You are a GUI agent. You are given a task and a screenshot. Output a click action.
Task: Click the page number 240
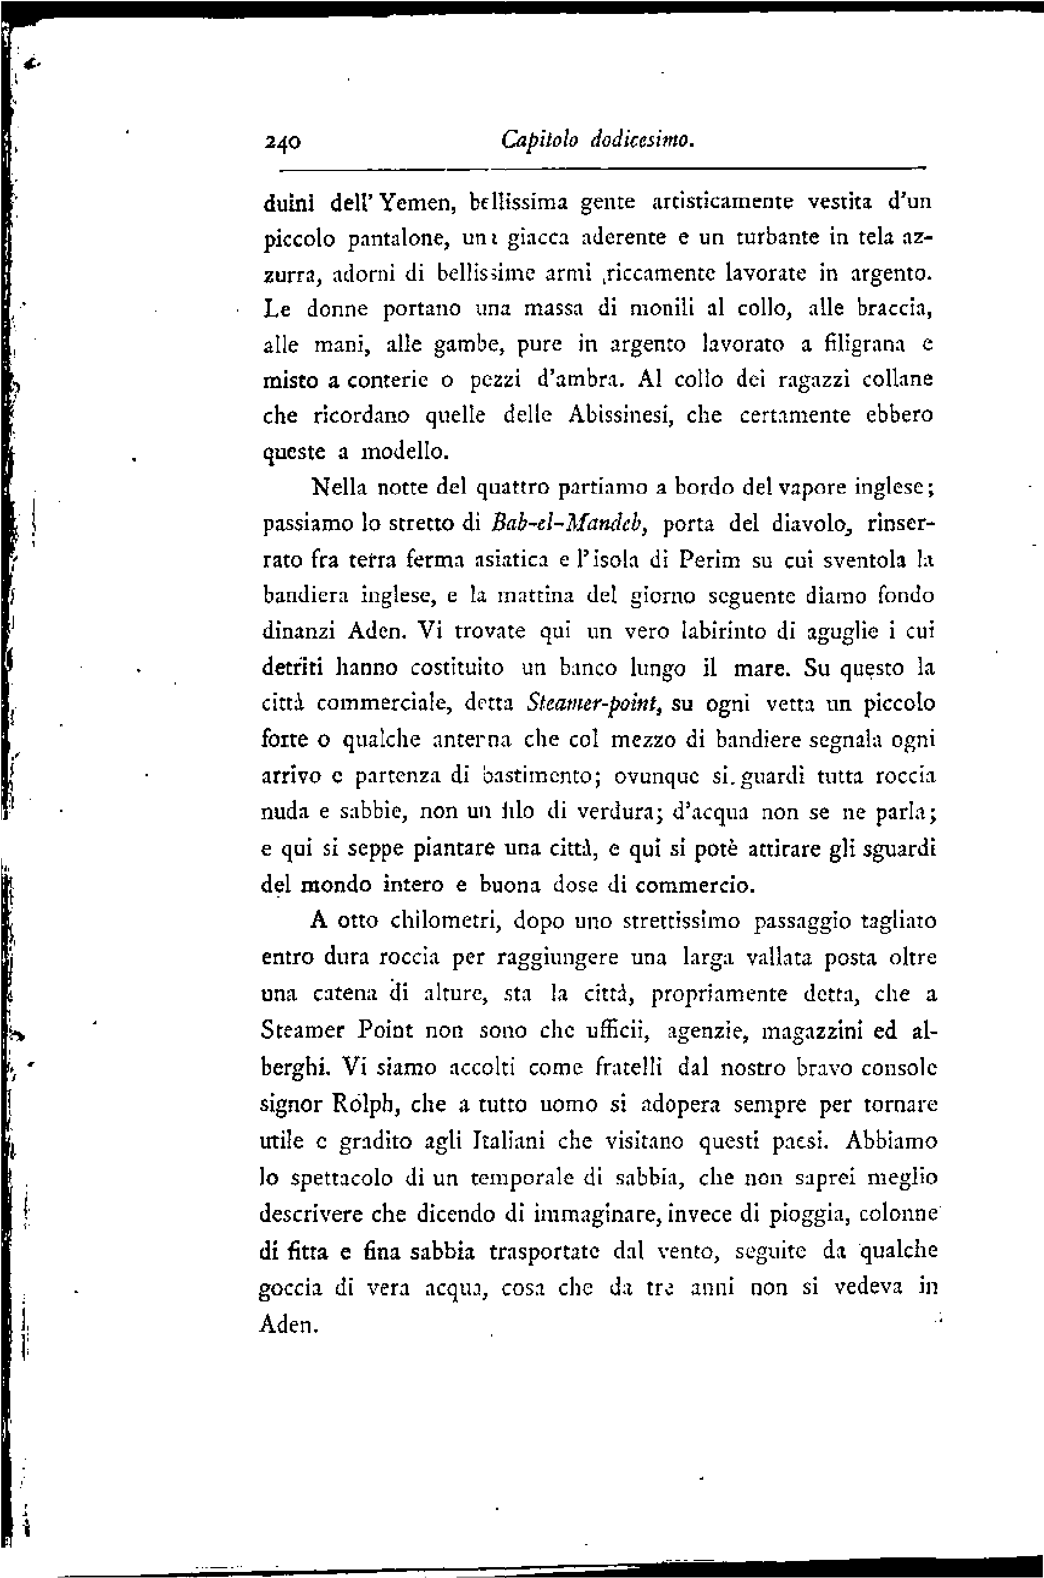click(283, 142)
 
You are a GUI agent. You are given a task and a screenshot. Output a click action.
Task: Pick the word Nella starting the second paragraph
click(340, 488)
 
